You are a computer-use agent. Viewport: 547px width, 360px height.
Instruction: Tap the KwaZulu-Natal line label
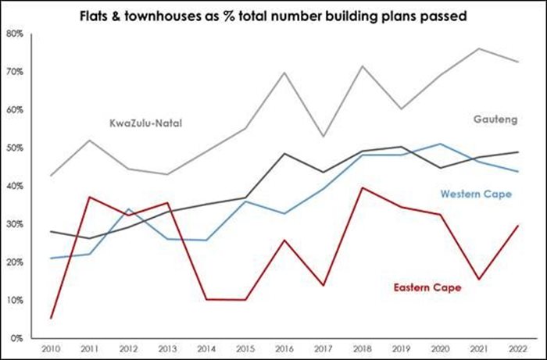145,123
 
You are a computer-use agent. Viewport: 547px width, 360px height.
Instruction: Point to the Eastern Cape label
427,287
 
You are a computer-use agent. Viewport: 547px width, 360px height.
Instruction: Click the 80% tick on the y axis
16,34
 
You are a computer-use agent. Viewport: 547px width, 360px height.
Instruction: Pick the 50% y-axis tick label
16,148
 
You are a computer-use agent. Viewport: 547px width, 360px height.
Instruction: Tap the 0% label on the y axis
18,338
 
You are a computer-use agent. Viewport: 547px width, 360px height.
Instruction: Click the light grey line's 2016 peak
283,73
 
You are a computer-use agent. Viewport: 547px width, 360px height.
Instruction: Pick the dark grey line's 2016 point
283,153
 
